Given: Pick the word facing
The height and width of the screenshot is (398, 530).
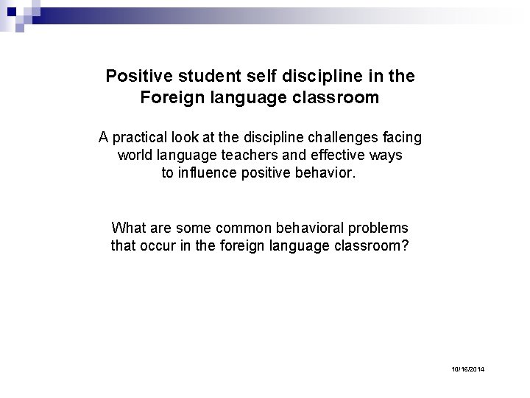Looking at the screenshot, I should coord(402,137).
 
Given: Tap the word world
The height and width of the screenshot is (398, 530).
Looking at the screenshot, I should coord(135,156).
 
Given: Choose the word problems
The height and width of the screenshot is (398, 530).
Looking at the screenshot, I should coord(378,228).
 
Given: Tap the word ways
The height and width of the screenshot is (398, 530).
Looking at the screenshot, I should coord(386,156).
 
